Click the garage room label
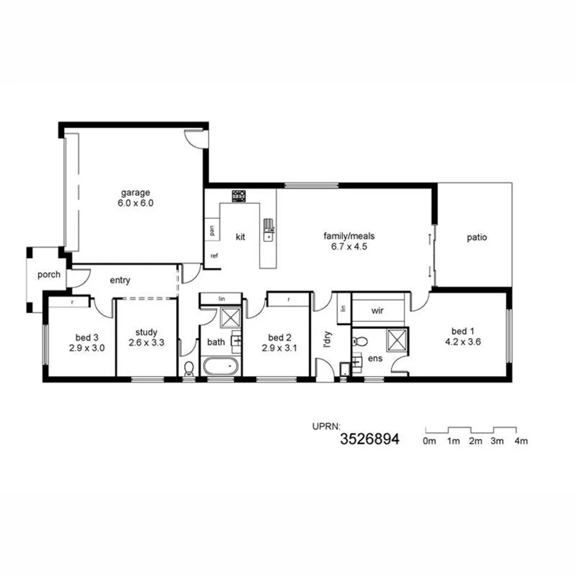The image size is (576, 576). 136,192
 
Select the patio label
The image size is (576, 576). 476,237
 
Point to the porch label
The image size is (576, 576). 49,275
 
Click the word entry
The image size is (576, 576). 120,280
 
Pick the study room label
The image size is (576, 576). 146,332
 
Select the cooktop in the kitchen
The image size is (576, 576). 240,196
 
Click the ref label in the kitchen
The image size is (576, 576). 214,256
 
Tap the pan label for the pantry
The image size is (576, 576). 211,229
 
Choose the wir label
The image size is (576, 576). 376,311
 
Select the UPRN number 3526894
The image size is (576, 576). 370,439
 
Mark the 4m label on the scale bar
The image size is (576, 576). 521,441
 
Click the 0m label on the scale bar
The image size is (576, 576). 429,441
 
